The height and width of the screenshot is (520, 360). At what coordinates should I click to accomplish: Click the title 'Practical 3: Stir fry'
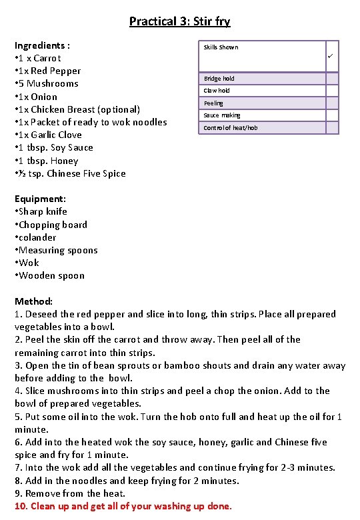point(179,21)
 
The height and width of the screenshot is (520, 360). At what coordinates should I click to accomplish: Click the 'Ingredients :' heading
point(43,45)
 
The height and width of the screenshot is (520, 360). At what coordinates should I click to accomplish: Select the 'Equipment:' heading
point(40,199)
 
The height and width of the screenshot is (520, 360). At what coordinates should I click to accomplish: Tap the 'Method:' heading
point(33,301)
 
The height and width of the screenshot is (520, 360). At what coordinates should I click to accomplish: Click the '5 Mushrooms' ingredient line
point(47,83)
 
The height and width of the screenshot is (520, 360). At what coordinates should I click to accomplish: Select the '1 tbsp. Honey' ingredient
point(47,161)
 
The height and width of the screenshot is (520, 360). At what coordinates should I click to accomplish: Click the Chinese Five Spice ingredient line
point(70,173)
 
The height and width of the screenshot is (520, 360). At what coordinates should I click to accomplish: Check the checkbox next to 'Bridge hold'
point(331,79)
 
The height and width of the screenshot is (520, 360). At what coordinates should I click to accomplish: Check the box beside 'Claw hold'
point(331,91)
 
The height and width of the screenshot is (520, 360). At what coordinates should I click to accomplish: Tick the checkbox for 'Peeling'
point(331,103)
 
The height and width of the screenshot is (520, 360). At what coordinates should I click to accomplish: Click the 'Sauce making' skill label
point(222,115)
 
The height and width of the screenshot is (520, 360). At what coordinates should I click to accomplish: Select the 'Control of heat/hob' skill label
point(231,127)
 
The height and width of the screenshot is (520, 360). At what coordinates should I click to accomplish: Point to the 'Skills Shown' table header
point(221,47)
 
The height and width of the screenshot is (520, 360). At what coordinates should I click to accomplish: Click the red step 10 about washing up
point(123,506)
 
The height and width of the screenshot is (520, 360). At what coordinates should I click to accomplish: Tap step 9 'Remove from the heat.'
point(70,493)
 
